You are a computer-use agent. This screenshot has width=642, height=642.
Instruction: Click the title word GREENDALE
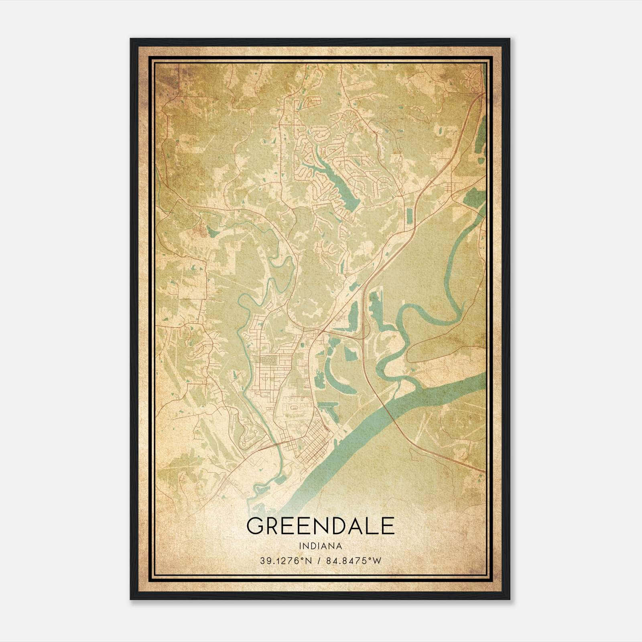pyautogui.click(x=320, y=526)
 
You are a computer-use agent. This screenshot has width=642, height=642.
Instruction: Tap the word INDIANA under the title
pyautogui.click(x=320, y=546)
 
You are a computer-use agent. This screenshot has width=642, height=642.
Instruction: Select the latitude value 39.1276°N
pyautogui.click(x=285, y=561)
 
